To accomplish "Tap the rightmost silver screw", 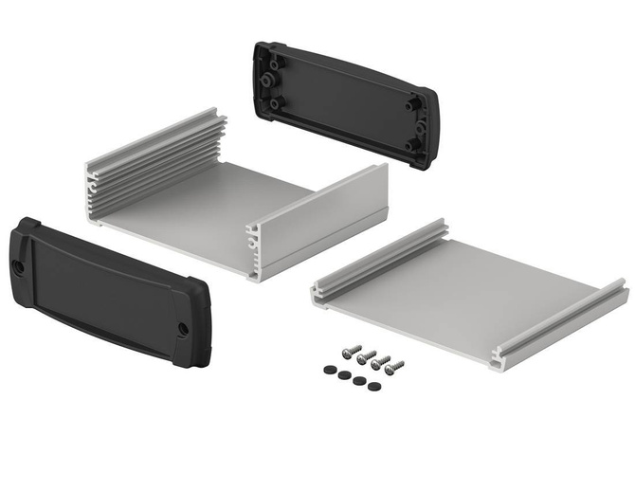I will click(395, 366).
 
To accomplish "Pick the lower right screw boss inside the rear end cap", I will click(414, 145).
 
